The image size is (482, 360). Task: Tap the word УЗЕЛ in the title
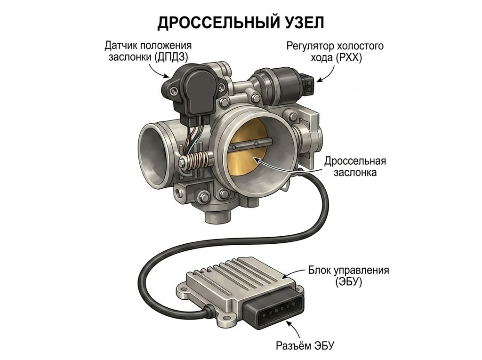pos(303,23)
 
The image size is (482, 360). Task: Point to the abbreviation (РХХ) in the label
pos(346,57)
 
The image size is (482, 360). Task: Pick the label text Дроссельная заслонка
pos(355,167)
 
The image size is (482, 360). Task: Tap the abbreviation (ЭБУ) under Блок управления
pos(349,281)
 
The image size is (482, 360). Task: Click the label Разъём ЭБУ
pos(305,345)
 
